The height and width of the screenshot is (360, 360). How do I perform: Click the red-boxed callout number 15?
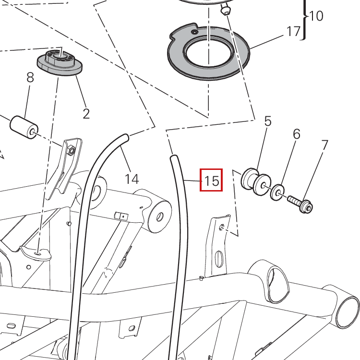211,180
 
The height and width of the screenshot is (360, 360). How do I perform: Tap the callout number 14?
132,179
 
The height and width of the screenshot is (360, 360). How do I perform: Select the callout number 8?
30,77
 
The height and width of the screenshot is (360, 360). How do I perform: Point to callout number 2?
86,114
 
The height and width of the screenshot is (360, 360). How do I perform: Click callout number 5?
268,121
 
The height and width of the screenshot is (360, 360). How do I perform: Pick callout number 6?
297,134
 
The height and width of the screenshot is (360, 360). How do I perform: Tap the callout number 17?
294,31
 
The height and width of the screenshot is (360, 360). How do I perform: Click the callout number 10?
316,16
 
